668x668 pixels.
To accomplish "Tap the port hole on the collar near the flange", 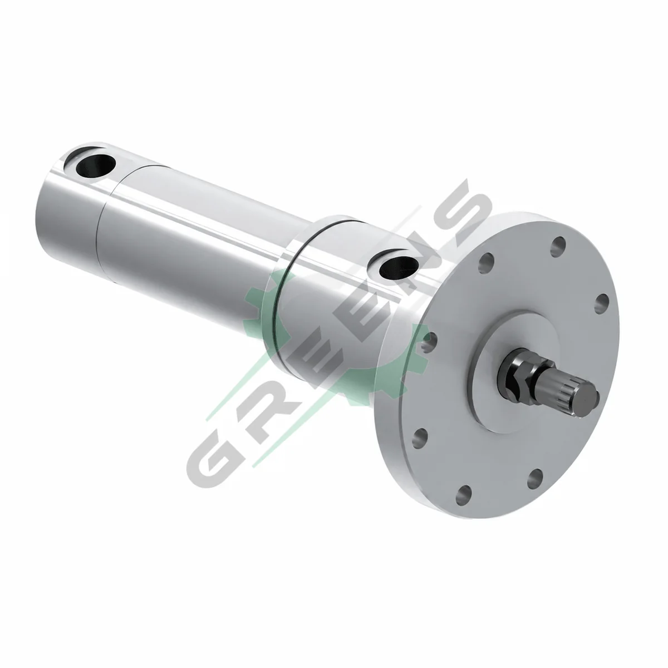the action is point(399,268).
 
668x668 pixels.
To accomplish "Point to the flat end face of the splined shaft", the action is point(590,396).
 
